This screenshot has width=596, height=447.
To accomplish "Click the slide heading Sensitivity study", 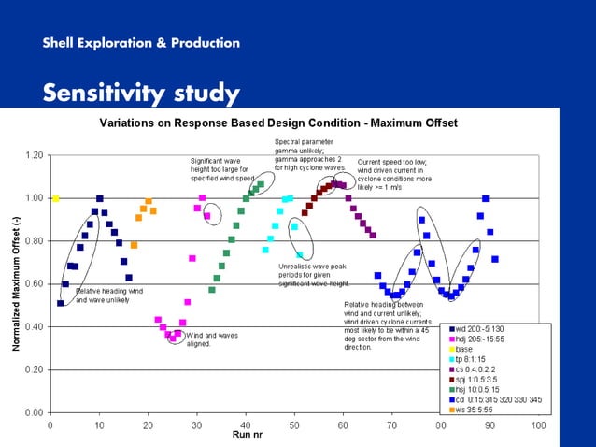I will tap(141, 94).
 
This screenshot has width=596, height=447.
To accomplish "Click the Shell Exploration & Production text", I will tap(141, 43).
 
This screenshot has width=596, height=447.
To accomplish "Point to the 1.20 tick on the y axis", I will tap(34, 155).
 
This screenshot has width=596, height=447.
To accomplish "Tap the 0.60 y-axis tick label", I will tap(34, 283).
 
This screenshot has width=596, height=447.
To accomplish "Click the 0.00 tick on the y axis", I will tap(34, 412).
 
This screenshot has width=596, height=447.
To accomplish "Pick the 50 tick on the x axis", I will tap(294, 424).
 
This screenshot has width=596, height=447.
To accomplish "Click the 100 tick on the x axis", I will tap(538, 424).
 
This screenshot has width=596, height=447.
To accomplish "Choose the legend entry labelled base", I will tap(466, 349).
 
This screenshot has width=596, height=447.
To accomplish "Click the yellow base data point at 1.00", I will tap(55, 198).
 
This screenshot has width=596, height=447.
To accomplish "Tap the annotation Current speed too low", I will tap(395, 174).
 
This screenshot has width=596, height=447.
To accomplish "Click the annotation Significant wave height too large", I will tap(222, 169).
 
